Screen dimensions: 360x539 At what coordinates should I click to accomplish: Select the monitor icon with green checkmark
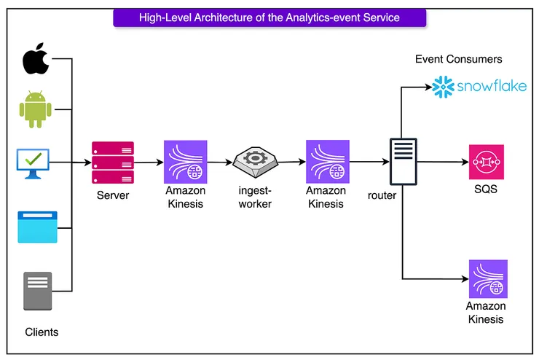[34, 163]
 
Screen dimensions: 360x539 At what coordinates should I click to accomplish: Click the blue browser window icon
[36, 227]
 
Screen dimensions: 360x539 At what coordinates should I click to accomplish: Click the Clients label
[42, 332]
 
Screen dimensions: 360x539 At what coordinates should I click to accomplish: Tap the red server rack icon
[112, 162]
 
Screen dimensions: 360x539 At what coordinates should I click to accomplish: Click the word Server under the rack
[113, 196]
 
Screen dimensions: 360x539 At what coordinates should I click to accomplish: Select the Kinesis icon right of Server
[185, 162]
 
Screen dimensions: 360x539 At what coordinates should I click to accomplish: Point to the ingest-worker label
[255, 197]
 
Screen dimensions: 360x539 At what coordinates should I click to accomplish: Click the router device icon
[402, 162]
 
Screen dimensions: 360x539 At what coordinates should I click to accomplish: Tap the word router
[382, 196]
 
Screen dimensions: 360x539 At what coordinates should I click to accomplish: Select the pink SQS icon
[487, 162]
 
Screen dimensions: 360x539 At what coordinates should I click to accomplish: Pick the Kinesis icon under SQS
[487, 278]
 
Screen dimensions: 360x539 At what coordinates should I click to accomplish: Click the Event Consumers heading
[458, 59]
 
